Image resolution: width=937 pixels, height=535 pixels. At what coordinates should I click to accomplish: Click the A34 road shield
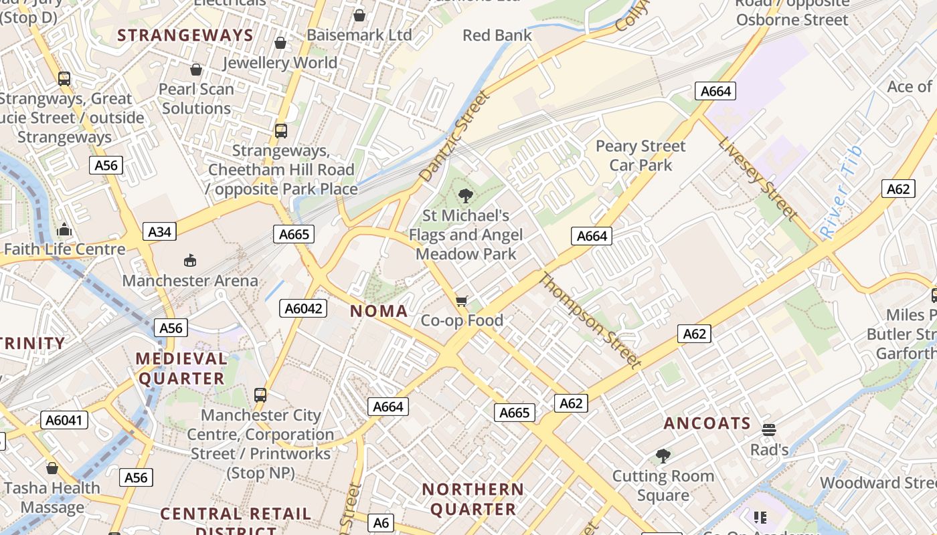159,232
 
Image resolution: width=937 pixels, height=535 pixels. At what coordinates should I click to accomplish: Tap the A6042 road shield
305,308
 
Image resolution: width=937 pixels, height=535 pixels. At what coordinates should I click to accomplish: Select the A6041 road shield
64,420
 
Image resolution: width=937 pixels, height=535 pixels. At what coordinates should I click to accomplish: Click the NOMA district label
379,311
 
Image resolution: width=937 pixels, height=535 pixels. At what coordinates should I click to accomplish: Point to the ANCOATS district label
707,423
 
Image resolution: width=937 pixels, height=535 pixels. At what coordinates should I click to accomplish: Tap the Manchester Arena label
190,280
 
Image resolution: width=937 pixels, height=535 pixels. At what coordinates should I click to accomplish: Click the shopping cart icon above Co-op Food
461,302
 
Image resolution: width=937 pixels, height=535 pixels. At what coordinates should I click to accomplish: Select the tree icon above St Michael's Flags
465,196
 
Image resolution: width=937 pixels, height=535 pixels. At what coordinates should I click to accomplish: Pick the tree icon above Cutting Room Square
663,456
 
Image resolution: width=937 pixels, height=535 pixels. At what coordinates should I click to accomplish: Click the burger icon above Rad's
769,429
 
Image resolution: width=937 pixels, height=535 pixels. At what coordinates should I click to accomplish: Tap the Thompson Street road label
589,320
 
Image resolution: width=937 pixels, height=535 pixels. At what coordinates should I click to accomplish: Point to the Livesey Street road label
758,179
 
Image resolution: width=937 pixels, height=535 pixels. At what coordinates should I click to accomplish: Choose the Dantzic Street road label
454,136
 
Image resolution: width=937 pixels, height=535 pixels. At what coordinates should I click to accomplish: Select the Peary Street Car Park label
641,155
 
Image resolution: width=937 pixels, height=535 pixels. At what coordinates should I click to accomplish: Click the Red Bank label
497,35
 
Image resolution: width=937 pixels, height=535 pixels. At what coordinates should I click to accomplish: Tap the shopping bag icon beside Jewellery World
280,43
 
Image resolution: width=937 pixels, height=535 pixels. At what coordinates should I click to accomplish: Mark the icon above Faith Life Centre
64,229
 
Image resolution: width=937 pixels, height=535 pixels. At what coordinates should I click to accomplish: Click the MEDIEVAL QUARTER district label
181,368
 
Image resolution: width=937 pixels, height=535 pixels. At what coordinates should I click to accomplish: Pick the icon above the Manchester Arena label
190,260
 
